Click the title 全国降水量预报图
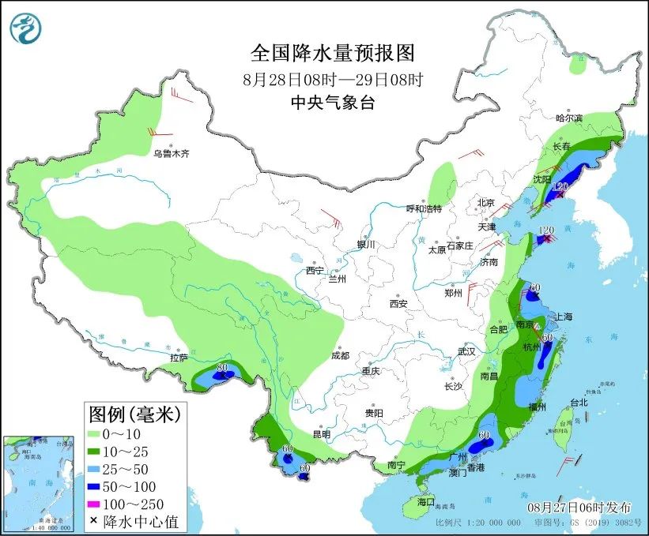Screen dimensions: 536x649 tap(332, 54)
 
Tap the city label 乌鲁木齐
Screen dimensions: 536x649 tap(172, 153)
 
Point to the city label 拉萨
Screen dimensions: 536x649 tap(179, 357)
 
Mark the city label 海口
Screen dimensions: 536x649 tap(426, 502)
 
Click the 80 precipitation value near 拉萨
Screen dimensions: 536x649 tap(222, 366)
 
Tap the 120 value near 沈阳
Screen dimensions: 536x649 tap(562, 186)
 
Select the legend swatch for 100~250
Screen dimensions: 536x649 tap(98, 504)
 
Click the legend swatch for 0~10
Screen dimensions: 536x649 tap(98, 434)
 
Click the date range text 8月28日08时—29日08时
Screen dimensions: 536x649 tap(332, 80)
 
